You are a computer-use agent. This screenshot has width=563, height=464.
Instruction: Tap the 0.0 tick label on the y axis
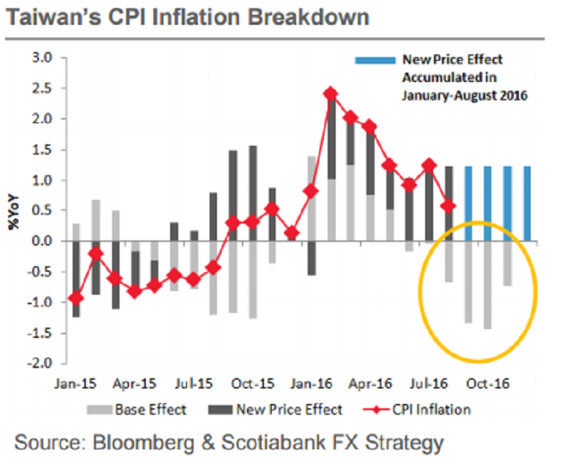[x=44, y=241]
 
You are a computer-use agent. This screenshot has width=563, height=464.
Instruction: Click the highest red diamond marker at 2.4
[x=331, y=94]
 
